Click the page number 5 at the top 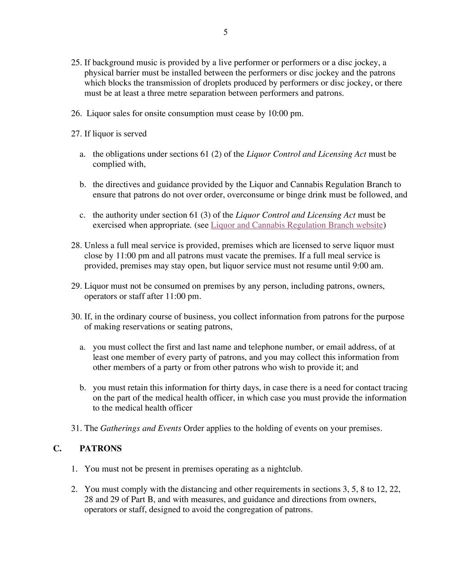click(225, 32)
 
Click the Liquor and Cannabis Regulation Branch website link click(297, 225)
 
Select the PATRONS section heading click(101, 448)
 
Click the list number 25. click(76, 62)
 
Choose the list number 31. click(76, 428)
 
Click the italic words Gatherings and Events click(141, 428)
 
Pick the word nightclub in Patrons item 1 click(283, 469)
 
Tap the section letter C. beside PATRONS click(57, 448)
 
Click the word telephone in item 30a click(266, 347)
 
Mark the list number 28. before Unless click(76, 245)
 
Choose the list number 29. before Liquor click(76, 286)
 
